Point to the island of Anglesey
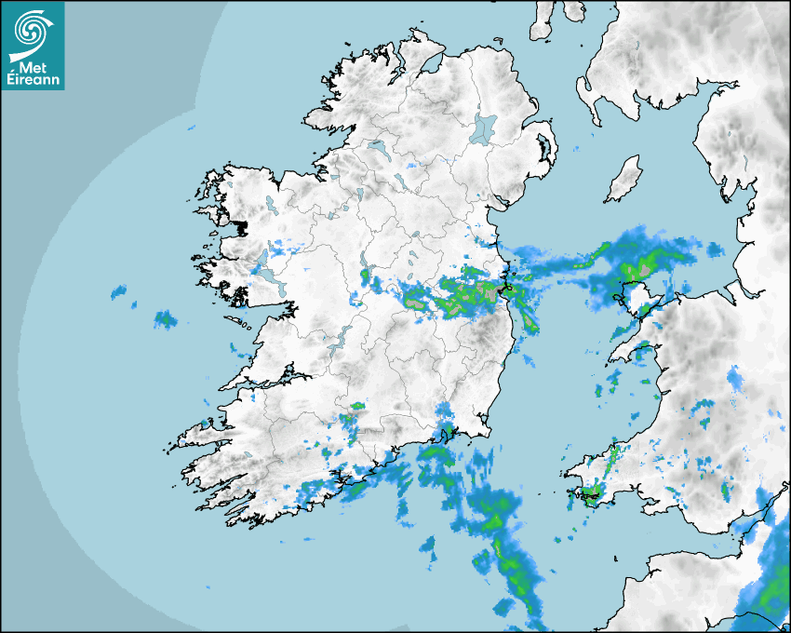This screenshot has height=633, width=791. coord(638,300)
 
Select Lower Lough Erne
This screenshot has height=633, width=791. coord(377,147)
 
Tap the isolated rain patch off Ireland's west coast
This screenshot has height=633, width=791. coord(166,319)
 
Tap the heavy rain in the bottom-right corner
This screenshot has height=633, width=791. coord(768,586)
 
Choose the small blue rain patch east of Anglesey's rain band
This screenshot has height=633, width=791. coord(715,249)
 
